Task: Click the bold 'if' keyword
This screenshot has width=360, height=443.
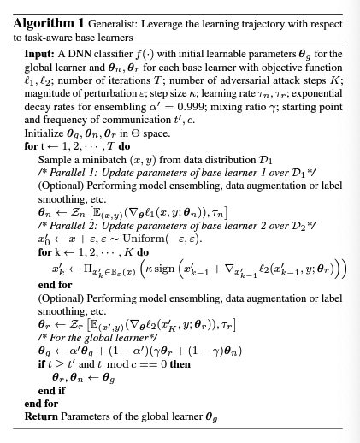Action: [41, 363]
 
